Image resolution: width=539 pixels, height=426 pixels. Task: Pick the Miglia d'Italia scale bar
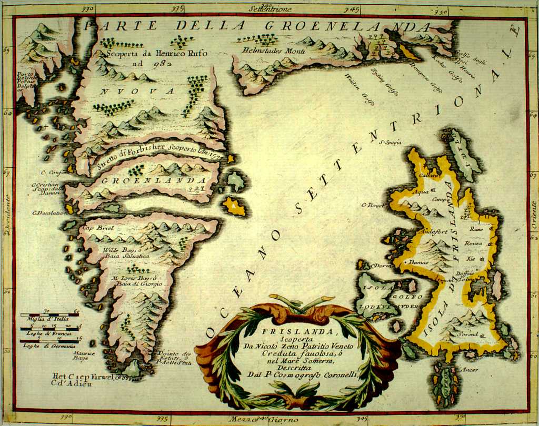[x=49, y=316]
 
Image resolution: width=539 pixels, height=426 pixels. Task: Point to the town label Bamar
[x=417, y=261]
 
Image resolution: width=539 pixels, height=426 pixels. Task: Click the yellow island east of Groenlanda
[x=234, y=206]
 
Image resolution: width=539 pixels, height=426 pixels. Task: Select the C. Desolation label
[x=48, y=213]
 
